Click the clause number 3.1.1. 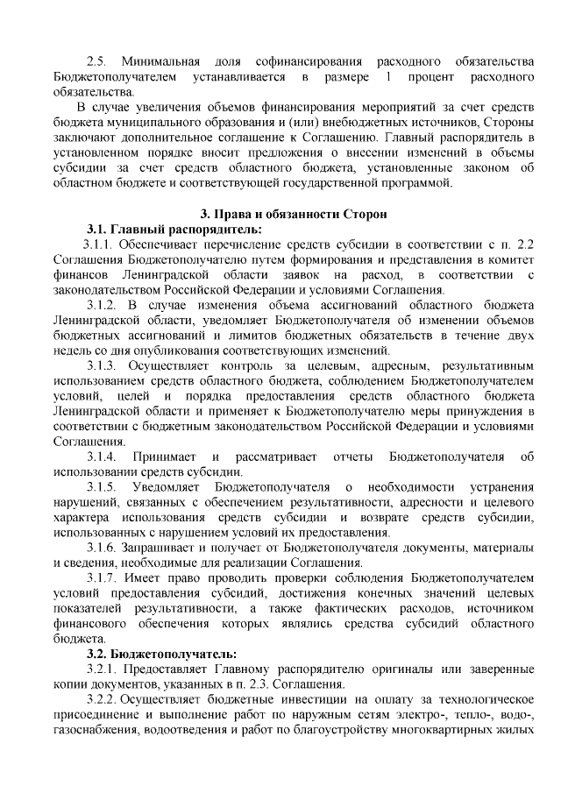tap(101, 244)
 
